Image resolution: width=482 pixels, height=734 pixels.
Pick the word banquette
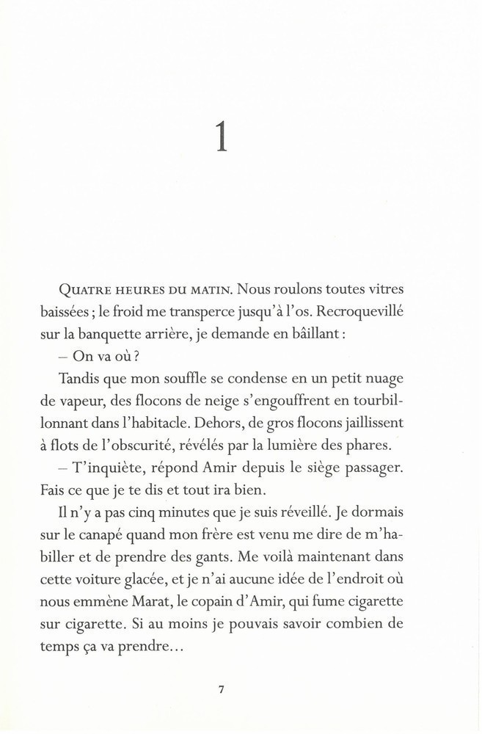click(131, 333)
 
